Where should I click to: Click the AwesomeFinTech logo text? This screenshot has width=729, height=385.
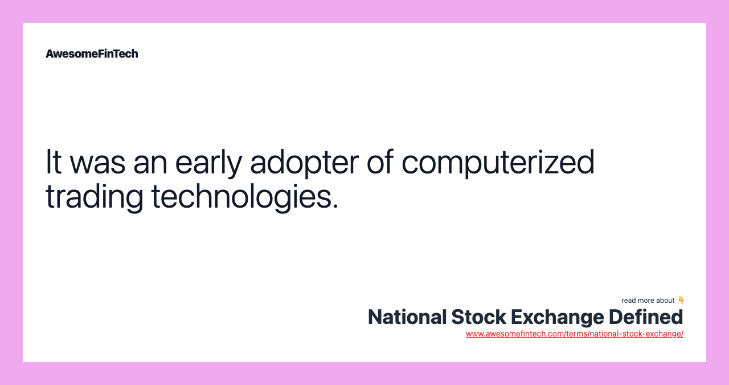tap(92, 54)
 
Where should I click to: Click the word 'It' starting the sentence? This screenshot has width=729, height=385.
tap(53, 162)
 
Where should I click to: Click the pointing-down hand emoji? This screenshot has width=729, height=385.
tap(681, 300)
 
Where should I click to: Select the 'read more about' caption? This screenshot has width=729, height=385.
tap(648, 301)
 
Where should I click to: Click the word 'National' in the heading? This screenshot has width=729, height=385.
tap(406, 317)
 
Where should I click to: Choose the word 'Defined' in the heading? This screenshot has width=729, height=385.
tap(646, 317)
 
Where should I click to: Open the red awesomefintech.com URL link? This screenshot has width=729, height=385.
tap(574, 334)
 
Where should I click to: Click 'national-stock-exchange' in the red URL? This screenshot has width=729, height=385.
tap(634, 334)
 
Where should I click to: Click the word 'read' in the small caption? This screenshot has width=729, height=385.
tap(628, 301)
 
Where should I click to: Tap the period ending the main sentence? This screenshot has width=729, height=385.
tap(335, 206)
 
